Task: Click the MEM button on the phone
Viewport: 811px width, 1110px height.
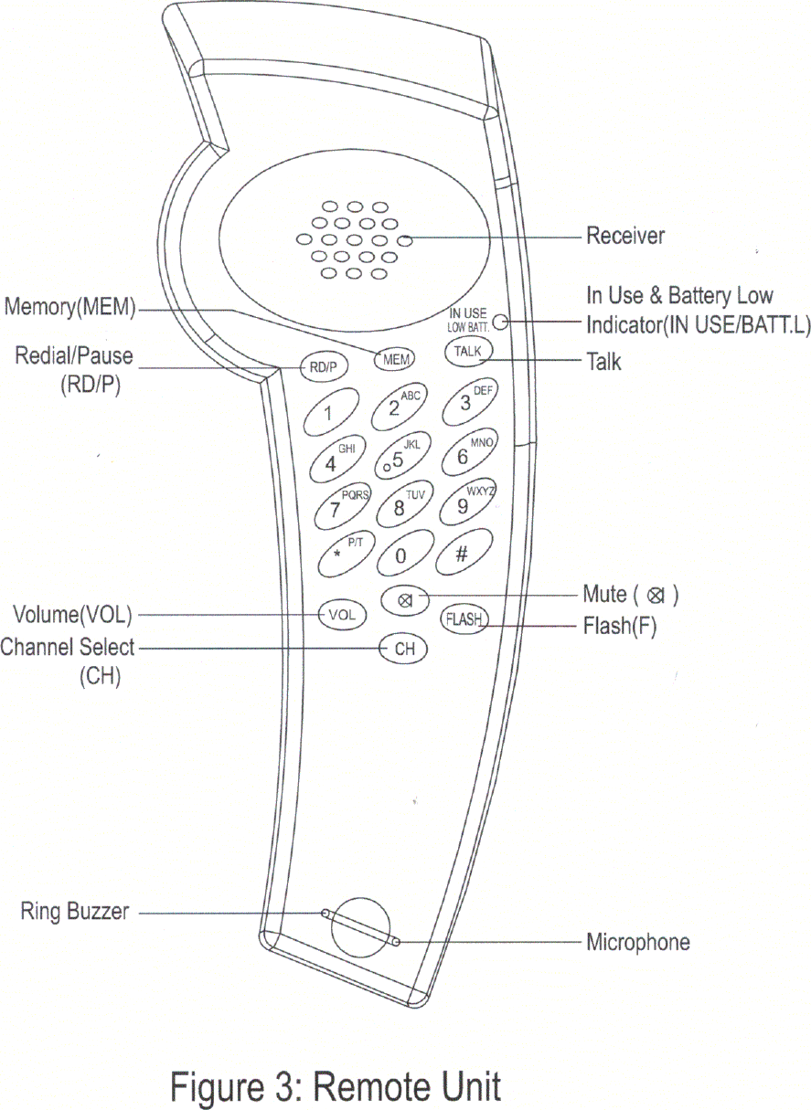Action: [x=396, y=359]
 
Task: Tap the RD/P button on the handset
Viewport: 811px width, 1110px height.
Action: [x=323, y=367]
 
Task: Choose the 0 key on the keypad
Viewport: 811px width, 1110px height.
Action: [x=400, y=554]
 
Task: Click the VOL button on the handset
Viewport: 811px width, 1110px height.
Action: [x=342, y=615]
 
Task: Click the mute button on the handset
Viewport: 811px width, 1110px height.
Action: [x=403, y=600]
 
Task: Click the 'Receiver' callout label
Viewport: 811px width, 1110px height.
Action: [x=625, y=237]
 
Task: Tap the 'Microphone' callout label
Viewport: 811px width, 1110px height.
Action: [x=637, y=942]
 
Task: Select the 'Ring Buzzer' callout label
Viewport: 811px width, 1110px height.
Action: [x=75, y=911]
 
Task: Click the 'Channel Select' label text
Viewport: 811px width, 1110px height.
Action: [x=68, y=648]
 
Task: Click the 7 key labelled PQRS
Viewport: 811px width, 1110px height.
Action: [x=340, y=508]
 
